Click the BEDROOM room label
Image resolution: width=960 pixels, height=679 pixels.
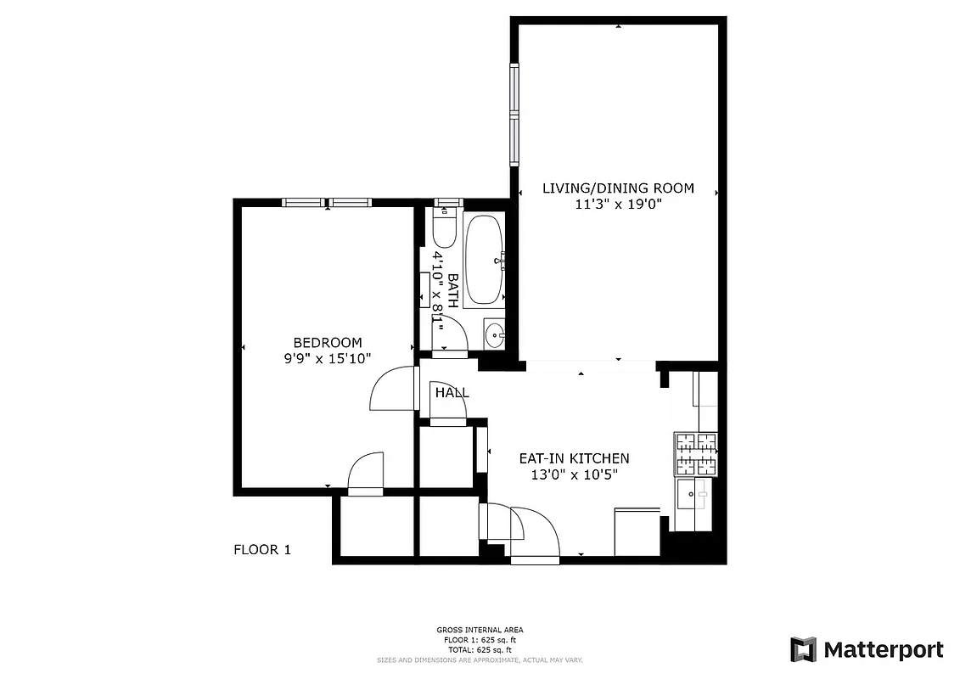point(328,342)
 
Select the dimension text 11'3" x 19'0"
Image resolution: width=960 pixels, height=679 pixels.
point(618,205)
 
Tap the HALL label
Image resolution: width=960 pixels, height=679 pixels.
point(452,393)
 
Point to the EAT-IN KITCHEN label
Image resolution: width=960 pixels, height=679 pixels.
point(574,458)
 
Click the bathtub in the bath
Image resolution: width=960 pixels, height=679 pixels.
point(485,260)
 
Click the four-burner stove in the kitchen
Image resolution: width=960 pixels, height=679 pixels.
point(696,454)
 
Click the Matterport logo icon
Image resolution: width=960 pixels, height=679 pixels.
point(803,650)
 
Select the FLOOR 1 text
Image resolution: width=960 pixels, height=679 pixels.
point(262,550)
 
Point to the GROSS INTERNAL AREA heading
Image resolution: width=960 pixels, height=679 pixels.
point(480,630)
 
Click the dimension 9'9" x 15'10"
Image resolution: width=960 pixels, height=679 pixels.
point(328,359)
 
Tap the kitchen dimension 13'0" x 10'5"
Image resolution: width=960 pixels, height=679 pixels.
point(574,475)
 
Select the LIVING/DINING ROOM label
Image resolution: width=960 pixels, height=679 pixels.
point(618,188)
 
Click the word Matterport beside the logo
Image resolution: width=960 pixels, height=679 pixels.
point(883,650)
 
